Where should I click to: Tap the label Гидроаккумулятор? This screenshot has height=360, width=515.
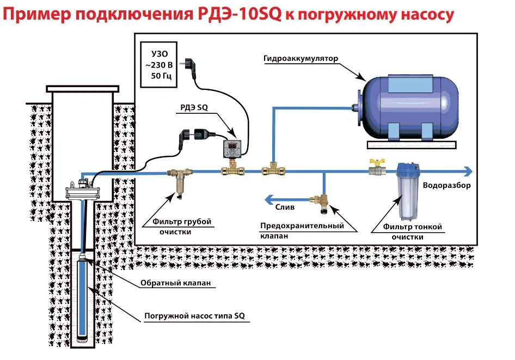pos(301,58)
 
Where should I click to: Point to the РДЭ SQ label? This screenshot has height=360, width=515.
pos(194,108)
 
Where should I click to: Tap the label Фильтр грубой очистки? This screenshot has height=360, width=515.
pos(177,227)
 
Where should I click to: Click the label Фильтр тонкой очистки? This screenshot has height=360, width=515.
pos(412,231)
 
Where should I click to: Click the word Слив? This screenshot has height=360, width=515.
pos(285,207)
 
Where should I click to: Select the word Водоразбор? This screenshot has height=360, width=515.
pos(446,186)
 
